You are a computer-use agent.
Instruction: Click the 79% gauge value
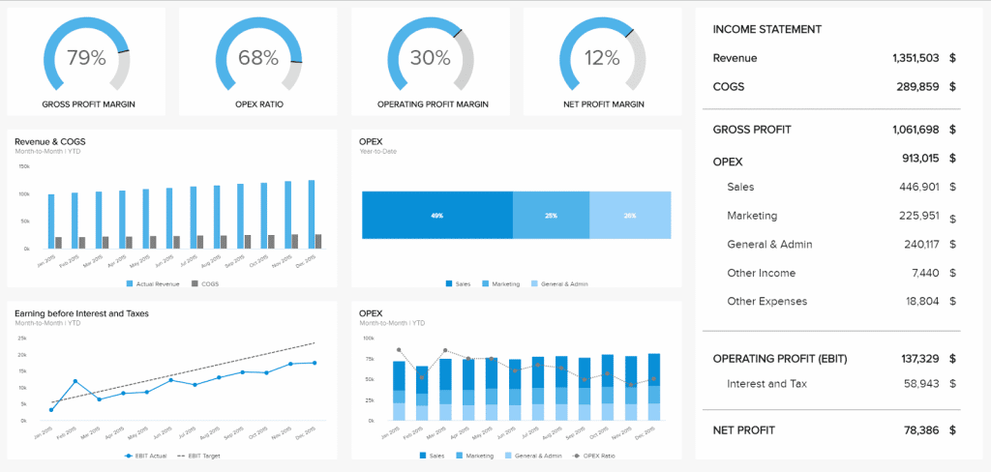[x=86, y=58]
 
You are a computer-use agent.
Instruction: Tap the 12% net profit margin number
[x=602, y=58]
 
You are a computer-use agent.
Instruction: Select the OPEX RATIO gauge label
[x=257, y=104]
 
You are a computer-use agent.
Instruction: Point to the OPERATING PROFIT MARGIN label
[x=430, y=104]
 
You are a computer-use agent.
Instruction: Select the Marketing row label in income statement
[x=752, y=216]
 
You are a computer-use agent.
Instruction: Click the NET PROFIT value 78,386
[x=922, y=429]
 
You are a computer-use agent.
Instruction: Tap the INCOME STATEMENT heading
[x=767, y=30]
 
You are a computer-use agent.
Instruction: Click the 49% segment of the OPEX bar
[x=436, y=216]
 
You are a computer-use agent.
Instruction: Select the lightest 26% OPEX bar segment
[x=630, y=216]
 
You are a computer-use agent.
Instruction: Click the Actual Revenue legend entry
[x=155, y=283]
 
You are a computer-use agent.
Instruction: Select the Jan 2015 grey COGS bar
[x=59, y=243]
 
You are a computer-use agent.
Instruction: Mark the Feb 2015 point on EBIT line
[x=75, y=381]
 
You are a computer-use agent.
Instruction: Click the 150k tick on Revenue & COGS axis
[x=24, y=166]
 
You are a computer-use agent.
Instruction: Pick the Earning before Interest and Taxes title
[x=81, y=313]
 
